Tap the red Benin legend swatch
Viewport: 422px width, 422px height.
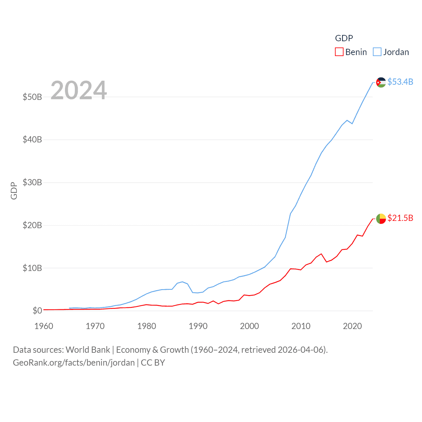tap(339, 52)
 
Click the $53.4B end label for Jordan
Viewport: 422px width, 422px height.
tap(400, 82)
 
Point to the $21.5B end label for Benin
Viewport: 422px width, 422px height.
tap(400, 218)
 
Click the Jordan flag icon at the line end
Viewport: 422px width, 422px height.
tap(381, 82)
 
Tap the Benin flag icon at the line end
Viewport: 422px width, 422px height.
tap(381, 219)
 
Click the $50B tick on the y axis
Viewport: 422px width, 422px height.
tap(32, 97)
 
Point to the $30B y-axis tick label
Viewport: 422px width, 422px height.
tap(32, 182)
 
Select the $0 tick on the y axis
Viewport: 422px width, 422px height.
tap(37, 311)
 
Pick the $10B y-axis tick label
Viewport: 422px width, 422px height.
tap(32, 268)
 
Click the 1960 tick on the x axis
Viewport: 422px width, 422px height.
tap(44, 326)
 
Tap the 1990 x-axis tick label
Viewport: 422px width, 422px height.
tap(198, 326)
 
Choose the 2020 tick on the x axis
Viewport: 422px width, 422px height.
tap(352, 326)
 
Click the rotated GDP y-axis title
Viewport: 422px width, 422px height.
tap(14, 191)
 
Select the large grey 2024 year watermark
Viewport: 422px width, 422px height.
tap(79, 90)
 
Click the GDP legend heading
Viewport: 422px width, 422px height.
tap(344, 38)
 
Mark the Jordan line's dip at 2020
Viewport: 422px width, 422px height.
tap(352, 123)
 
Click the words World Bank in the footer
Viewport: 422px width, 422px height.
tap(88, 350)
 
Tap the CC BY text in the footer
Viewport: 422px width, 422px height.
tap(153, 363)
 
